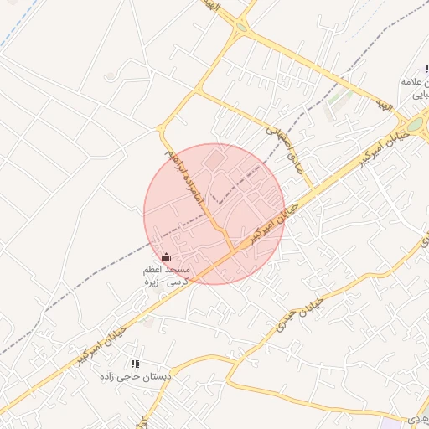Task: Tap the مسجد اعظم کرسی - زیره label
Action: tap(168, 276)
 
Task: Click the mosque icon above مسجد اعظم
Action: tap(166, 256)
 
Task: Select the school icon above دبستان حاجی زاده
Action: tap(134, 364)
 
